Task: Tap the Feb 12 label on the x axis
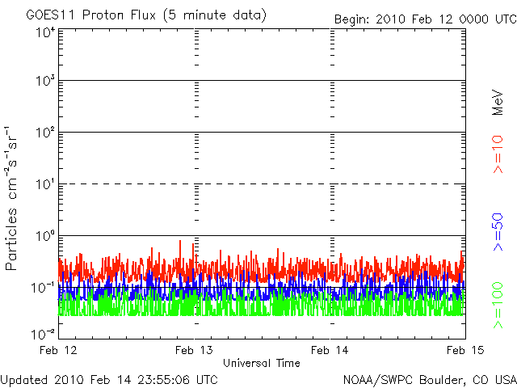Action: coord(58,350)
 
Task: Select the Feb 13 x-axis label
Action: coord(194,350)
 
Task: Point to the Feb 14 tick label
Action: coord(330,350)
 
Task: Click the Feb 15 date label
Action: coord(465,350)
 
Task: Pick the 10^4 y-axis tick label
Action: coord(45,33)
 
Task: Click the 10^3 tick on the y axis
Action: coord(45,81)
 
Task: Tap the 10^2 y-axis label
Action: coord(45,133)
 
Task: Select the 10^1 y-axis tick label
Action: coord(45,184)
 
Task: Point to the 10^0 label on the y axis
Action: coord(45,236)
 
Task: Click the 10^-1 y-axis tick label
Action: coord(43,288)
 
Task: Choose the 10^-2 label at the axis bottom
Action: coord(43,335)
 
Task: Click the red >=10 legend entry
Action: coord(498,154)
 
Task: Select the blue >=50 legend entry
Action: coord(498,232)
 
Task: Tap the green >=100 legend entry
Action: coord(498,306)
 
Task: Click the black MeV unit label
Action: coord(498,103)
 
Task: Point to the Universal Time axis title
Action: coord(262,363)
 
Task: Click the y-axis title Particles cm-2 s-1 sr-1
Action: coord(11,198)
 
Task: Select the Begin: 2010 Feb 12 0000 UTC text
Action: coord(426,19)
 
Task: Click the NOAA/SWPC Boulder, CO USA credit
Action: coord(430,380)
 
